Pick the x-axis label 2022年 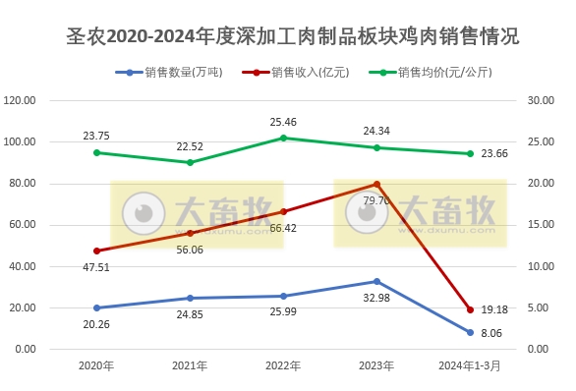tap(283, 365)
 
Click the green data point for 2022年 tap(283, 138)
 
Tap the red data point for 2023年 tap(376, 184)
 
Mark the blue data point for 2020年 tap(96, 307)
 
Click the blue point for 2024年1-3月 tap(470, 332)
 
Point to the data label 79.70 tap(377, 200)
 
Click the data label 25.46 tap(283, 122)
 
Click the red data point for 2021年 tap(190, 233)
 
